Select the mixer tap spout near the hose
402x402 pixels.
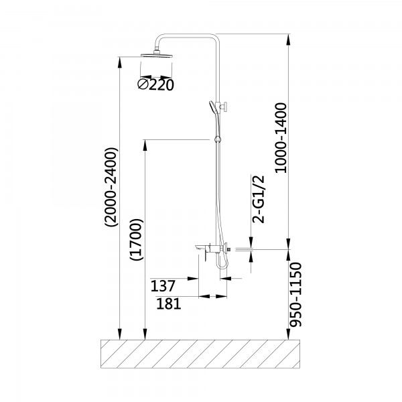(x=199, y=251)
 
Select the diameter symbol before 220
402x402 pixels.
(x=143, y=85)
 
